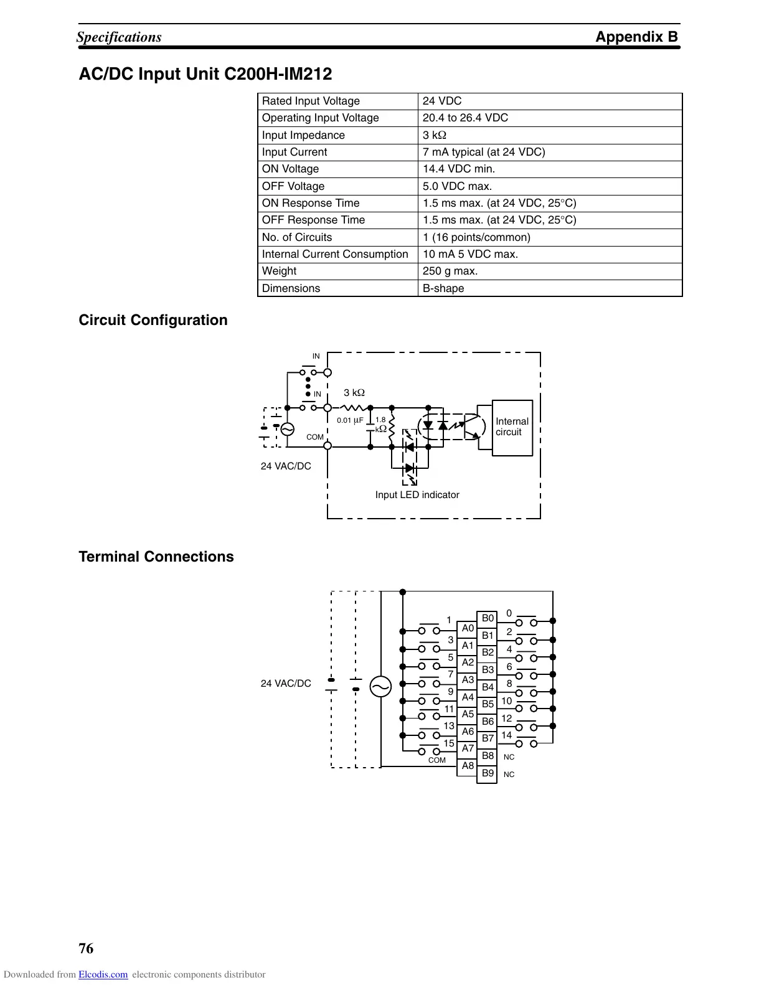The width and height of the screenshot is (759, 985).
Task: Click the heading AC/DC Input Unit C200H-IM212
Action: [x=205, y=74]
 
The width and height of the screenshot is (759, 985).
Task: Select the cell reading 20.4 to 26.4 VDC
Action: [x=465, y=118]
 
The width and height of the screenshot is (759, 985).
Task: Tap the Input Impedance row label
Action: [x=303, y=135]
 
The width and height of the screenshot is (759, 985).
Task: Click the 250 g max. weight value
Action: [x=450, y=271]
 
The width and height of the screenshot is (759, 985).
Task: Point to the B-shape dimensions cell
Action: [x=443, y=288]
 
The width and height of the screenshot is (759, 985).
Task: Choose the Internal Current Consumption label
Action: [x=335, y=254]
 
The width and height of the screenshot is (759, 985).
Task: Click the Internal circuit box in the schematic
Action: [x=512, y=427]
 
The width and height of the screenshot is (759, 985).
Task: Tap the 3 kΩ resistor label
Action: [x=354, y=392]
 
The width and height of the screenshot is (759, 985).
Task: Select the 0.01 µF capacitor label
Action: [x=350, y=420]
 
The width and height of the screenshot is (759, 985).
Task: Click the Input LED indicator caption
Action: [x=417, y=495]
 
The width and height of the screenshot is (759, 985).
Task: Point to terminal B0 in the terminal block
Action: [x=488, y=618]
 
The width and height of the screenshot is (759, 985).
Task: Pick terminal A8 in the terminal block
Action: [x=468, y=766]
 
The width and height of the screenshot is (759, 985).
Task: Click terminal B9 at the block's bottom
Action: [x=488, y=773]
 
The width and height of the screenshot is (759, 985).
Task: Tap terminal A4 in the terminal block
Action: [x=468, y=697]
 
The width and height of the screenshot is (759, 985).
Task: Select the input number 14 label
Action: [x=507, y=735]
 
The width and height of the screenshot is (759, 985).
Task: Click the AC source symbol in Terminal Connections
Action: [x=380, y=687]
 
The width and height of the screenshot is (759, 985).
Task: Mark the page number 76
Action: [x=86, y=948]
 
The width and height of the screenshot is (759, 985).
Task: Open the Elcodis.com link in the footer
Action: [x=103, y=975]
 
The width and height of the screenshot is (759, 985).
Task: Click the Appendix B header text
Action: [x=636, y=37]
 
